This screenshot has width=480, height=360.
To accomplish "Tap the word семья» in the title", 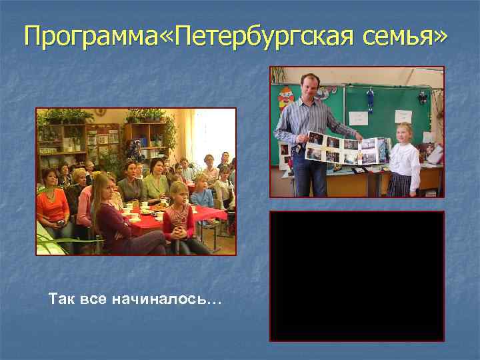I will (403, 37).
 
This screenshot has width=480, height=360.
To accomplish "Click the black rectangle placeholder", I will (357, 276).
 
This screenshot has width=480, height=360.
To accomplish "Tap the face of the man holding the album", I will (309, 88).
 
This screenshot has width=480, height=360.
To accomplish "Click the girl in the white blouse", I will (404, 158).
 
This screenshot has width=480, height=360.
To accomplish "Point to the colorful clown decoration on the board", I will (286, 100).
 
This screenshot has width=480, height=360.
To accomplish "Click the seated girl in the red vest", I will (178, 217).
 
